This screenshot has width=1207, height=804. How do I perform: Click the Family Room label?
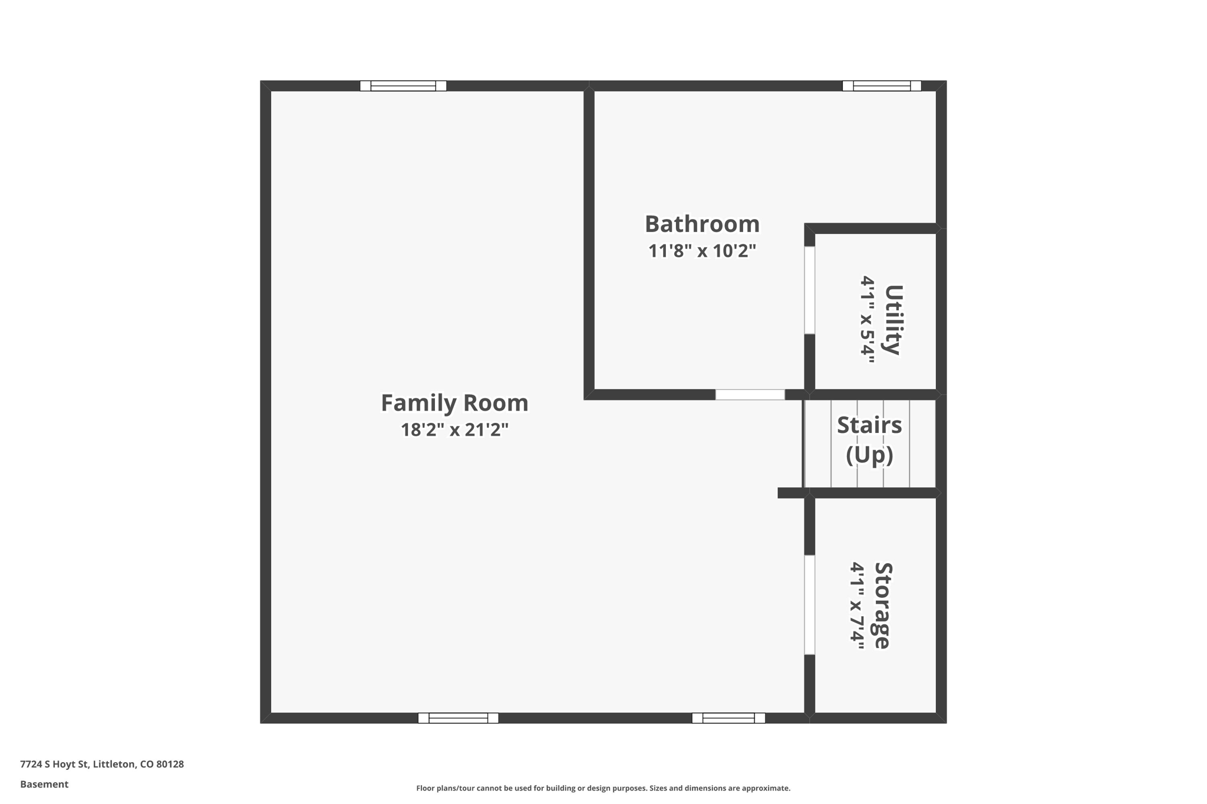(x=454, y=403)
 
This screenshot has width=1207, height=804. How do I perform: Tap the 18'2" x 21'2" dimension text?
(x=454, y=429)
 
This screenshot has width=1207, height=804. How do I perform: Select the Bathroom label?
(x=702, y=224)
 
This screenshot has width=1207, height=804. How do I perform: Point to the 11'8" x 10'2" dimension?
(x=702, y=250)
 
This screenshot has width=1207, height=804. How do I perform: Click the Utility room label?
(x=893, y=320)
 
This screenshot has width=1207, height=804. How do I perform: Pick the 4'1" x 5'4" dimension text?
(x=867, y=320)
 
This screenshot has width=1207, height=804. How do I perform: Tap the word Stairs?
(x=869, y=425)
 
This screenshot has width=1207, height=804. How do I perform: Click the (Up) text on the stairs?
(x=869, y=455)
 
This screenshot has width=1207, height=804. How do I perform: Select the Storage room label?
(x=882, y=606)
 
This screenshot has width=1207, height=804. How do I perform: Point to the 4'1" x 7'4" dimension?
(x=856, y=606)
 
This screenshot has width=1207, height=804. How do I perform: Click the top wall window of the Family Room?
(x=403, y=86)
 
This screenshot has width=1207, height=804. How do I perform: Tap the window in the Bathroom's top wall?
(x=882, y=86)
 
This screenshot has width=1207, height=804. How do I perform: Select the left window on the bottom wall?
(x=459, y=718)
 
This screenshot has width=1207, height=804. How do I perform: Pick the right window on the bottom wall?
(x=728, y=718)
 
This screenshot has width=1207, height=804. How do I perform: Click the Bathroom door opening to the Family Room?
(x=750, y=395)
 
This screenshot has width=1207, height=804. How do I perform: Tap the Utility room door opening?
(x=810, y=290)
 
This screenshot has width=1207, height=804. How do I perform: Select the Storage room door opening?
(x=810, y=605)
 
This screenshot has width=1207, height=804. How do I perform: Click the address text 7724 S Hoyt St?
(x=54, y=764)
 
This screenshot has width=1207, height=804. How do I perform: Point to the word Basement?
(x=44, y=784)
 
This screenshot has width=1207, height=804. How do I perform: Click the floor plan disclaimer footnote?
(x=603, y=788)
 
